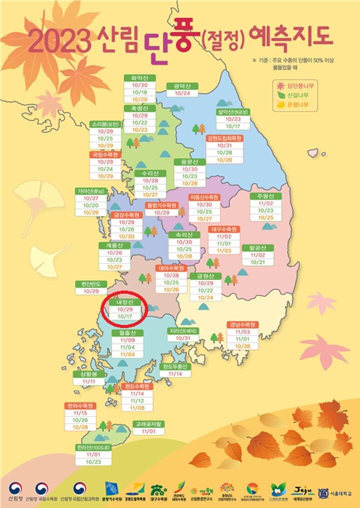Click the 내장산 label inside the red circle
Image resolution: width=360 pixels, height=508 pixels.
[x=122, y=303]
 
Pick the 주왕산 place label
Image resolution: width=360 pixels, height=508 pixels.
[x=265, y=196]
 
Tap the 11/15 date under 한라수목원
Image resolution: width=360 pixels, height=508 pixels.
[x=79, y=413]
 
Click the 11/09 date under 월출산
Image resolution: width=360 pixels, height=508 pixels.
[x=127, y=339]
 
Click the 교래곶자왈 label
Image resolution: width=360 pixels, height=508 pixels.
[x=149, y=424]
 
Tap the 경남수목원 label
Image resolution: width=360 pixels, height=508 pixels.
[x=242, y=324]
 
